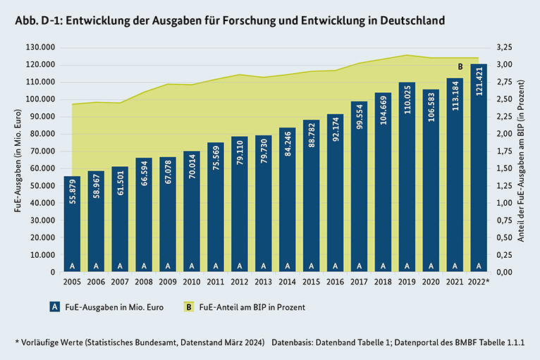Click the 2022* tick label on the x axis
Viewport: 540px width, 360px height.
[x=481, y=282]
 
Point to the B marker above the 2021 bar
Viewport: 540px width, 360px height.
[x=460, y=68]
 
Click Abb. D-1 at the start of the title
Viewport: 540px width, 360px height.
[x=37, y=20]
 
